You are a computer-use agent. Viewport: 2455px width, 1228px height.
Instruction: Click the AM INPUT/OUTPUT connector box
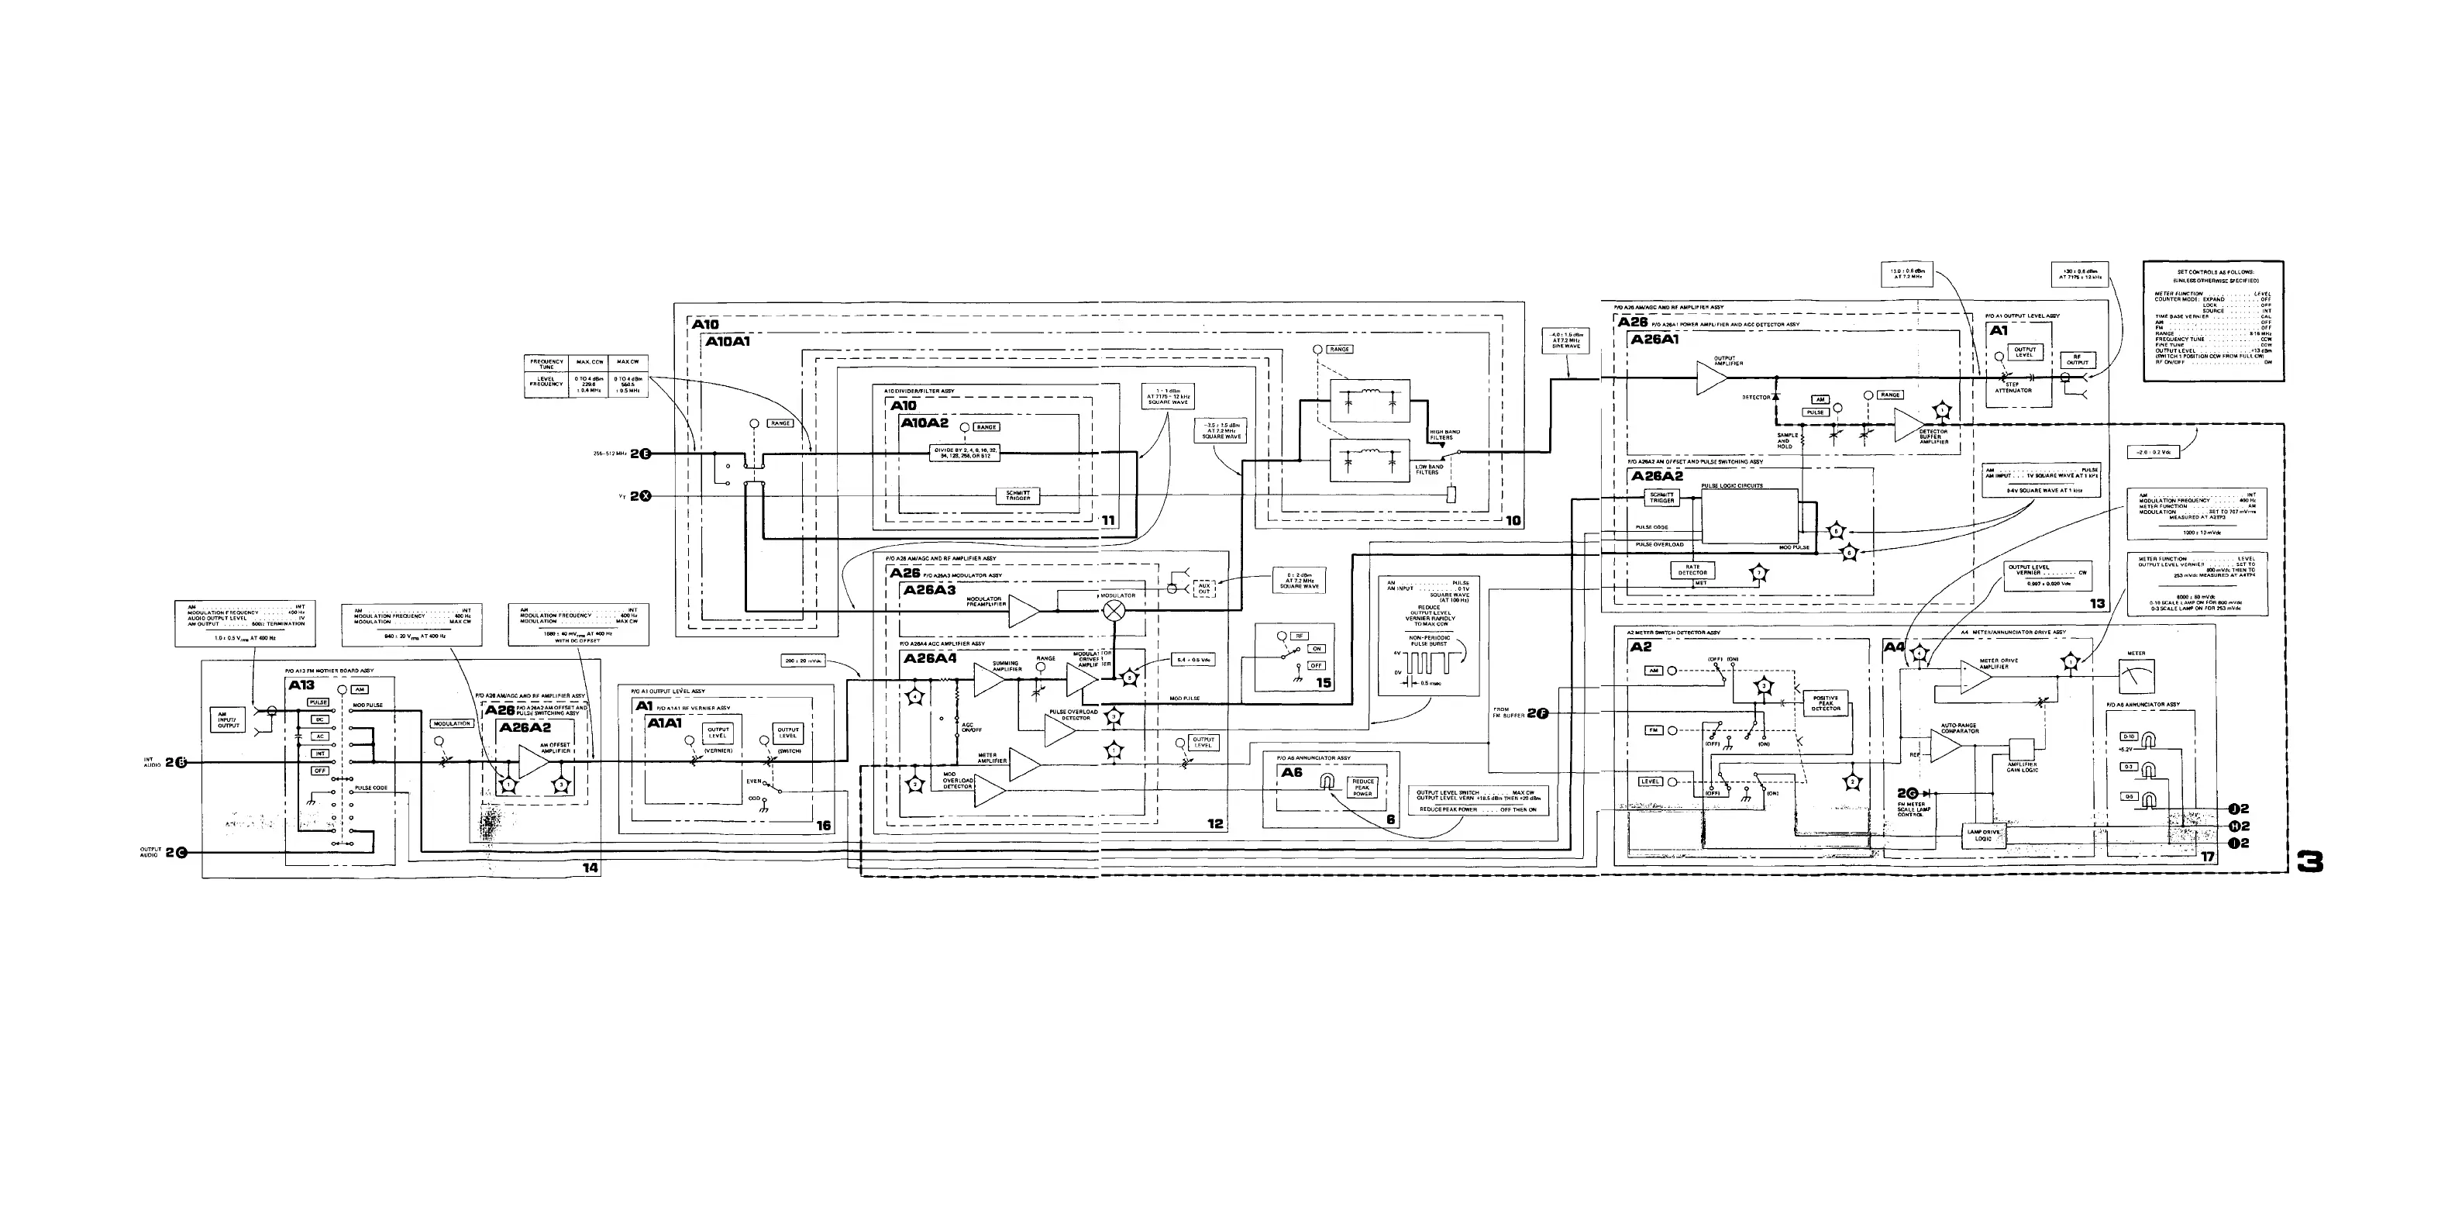(229, 720)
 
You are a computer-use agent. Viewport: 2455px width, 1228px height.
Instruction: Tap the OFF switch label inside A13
(320, 771)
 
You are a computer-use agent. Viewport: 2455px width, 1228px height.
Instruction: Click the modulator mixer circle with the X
(1113, 611)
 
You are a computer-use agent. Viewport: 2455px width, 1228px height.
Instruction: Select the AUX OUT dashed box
(1203, 588)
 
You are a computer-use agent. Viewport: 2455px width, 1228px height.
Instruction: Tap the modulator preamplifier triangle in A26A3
(1021, 611)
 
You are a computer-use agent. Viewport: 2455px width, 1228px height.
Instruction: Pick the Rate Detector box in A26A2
(1692, 570)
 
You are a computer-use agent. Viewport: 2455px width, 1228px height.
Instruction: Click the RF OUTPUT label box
(2078, 360)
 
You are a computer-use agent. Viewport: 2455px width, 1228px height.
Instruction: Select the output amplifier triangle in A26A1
(1710, 378)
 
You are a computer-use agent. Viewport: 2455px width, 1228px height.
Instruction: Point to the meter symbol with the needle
(2136, 676)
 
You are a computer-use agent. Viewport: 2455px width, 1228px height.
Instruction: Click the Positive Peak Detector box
(1825, 702)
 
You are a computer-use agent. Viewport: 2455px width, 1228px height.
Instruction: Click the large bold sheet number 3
(2309, 862)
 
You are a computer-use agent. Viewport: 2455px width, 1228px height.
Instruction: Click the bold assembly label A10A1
(728, 340)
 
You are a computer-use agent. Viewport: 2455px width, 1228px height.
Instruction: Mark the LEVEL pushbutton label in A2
(1651, 781)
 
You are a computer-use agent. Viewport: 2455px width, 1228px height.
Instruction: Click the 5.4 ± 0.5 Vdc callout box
(1191, 659)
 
